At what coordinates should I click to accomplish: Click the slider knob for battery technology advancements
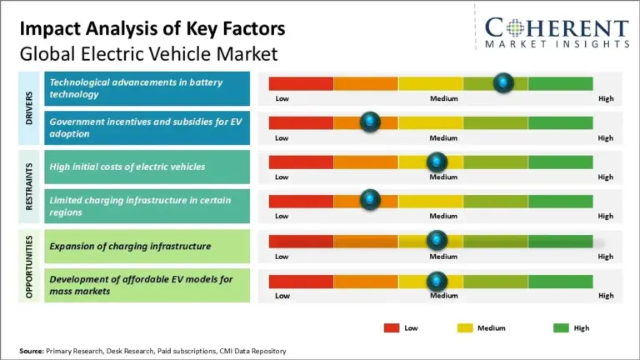coord(503,82)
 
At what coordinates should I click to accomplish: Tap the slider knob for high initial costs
coord(437,162)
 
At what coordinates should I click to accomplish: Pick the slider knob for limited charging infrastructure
coord(370,200)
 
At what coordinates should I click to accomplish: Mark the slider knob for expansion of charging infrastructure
coord(437,241)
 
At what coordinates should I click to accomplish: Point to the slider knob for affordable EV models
coord(437,280)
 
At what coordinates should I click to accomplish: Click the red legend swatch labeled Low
coord(391,327)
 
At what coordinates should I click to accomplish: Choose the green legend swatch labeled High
coord(561,327)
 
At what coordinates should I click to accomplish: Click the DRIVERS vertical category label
coord(29,108)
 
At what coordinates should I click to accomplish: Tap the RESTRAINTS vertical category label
coord(29,187)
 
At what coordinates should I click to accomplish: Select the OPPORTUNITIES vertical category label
coord(29,266)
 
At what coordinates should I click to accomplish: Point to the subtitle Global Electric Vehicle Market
coord(148,53)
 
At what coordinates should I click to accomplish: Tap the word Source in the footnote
coord(32,351)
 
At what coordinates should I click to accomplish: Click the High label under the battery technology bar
coord(606,99)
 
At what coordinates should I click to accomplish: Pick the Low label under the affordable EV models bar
coord(282,296)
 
